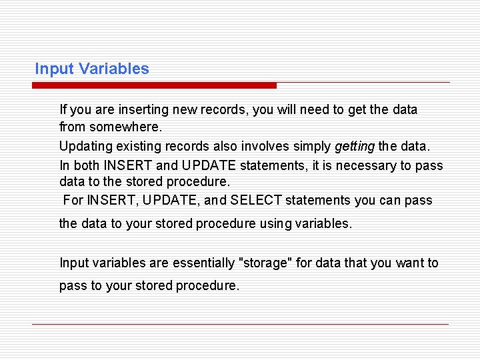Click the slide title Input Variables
[92, 69]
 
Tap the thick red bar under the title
[154, 85]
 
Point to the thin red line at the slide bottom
[240, 324]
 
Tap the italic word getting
[355, 146]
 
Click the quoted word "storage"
[265, 263]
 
